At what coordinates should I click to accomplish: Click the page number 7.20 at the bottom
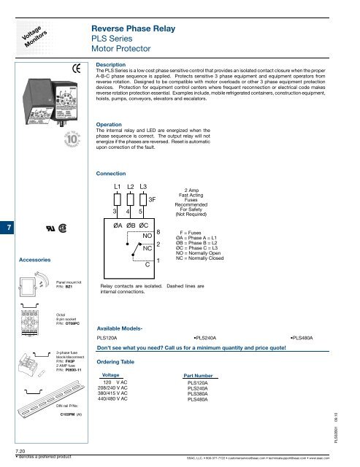10,452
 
